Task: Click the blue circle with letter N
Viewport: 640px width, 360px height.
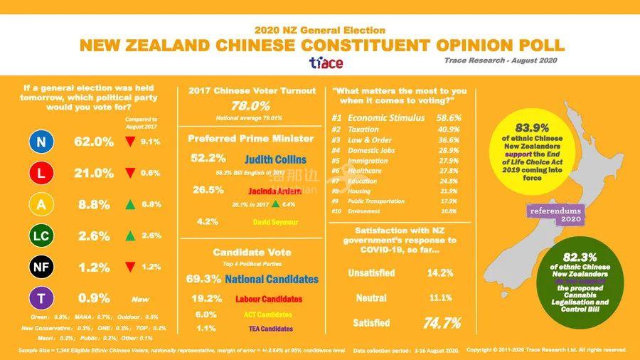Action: point(41,142)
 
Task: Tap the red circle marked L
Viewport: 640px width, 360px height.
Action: point(41,173)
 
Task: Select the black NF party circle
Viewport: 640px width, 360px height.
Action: point(41,267)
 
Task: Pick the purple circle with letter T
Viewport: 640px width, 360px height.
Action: point(41,298)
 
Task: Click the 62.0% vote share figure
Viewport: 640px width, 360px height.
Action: point(94,142)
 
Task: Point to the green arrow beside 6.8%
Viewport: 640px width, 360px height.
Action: point(129,204)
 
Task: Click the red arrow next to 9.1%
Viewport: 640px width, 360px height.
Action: point(129,142)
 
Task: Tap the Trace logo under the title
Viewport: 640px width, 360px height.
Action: point(326,63)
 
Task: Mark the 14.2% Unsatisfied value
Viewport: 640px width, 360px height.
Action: point(441,272)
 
